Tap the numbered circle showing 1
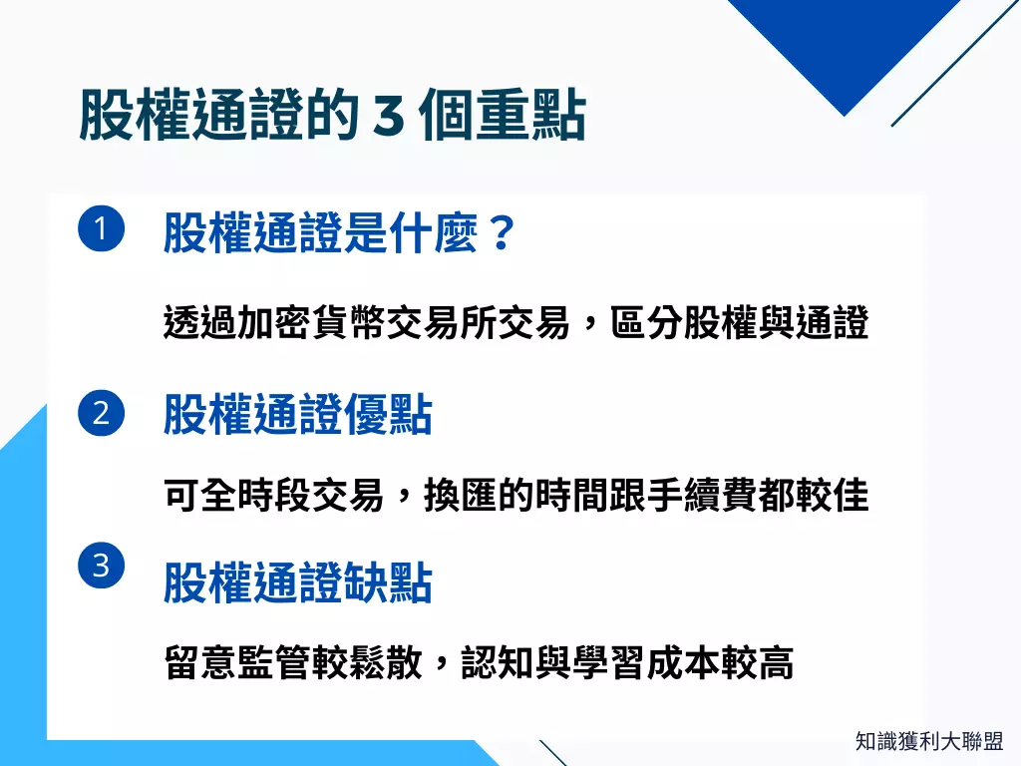(101, 230)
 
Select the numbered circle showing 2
(101, 413)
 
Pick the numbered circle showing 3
(101, 567)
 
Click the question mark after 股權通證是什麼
(501, 233)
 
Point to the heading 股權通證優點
(297, 415)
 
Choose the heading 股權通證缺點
(297, 583)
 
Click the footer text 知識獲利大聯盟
(928, 741)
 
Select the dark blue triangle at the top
(844, 40)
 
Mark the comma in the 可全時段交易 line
(401, 499)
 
